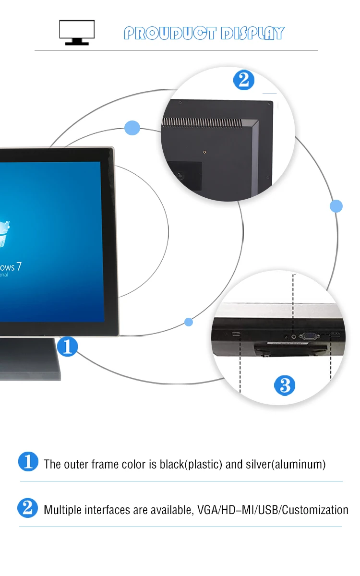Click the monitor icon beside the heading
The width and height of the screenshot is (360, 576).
click(77, 33)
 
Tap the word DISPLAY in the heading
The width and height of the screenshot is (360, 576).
click(252, 33)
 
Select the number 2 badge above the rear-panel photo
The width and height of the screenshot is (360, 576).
click(244, 80)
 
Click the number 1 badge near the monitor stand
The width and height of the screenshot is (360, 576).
click(68, 346)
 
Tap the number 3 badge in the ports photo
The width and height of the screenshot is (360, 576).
click(285, 385)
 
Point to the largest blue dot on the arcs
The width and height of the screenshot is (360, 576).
click(132, 128)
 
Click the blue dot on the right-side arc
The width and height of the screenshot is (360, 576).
click(336, 206)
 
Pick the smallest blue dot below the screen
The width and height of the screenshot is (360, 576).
click(189, 322)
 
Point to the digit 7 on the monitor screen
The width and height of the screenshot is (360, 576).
click(19, 267)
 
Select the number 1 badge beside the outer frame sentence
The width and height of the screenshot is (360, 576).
click(28, 461)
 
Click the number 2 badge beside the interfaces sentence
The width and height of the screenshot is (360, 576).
click(27, 508)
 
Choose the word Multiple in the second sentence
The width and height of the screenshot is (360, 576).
click(63, 510)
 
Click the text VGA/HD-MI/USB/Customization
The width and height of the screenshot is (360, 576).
click(273, 510)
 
